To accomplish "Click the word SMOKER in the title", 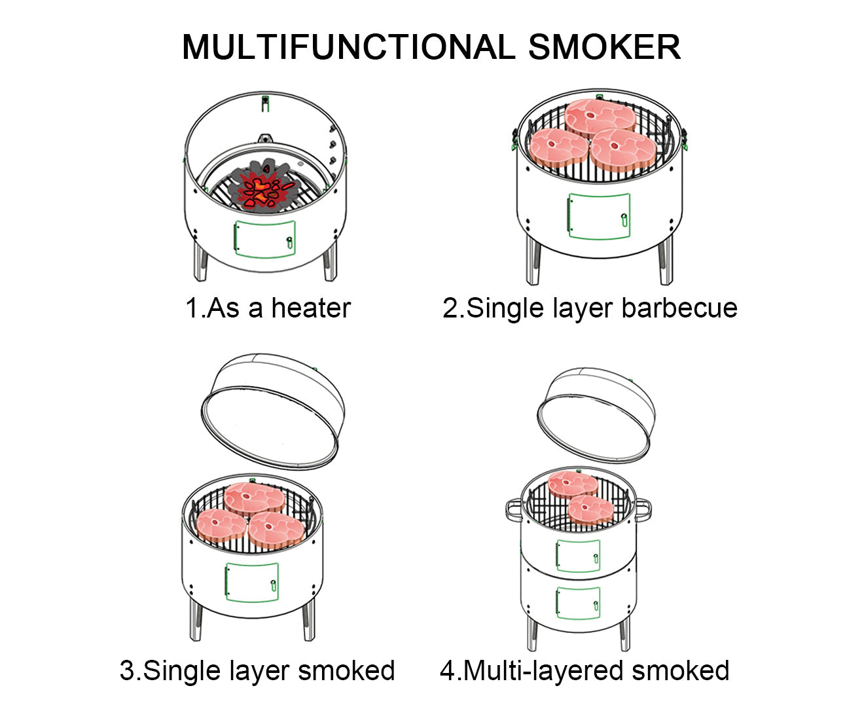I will (603, 47).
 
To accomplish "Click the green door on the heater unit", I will (265, 238).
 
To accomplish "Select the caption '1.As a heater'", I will (268, 308).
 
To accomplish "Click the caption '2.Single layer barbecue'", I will (590, 308).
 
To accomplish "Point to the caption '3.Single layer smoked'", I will (257, 670).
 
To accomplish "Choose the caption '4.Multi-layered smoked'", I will (585, 670).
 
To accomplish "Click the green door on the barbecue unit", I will (599, 216).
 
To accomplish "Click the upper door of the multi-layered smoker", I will (578, 555).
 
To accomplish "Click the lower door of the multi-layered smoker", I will (578, 602).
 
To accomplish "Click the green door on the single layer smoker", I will (252, 581).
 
